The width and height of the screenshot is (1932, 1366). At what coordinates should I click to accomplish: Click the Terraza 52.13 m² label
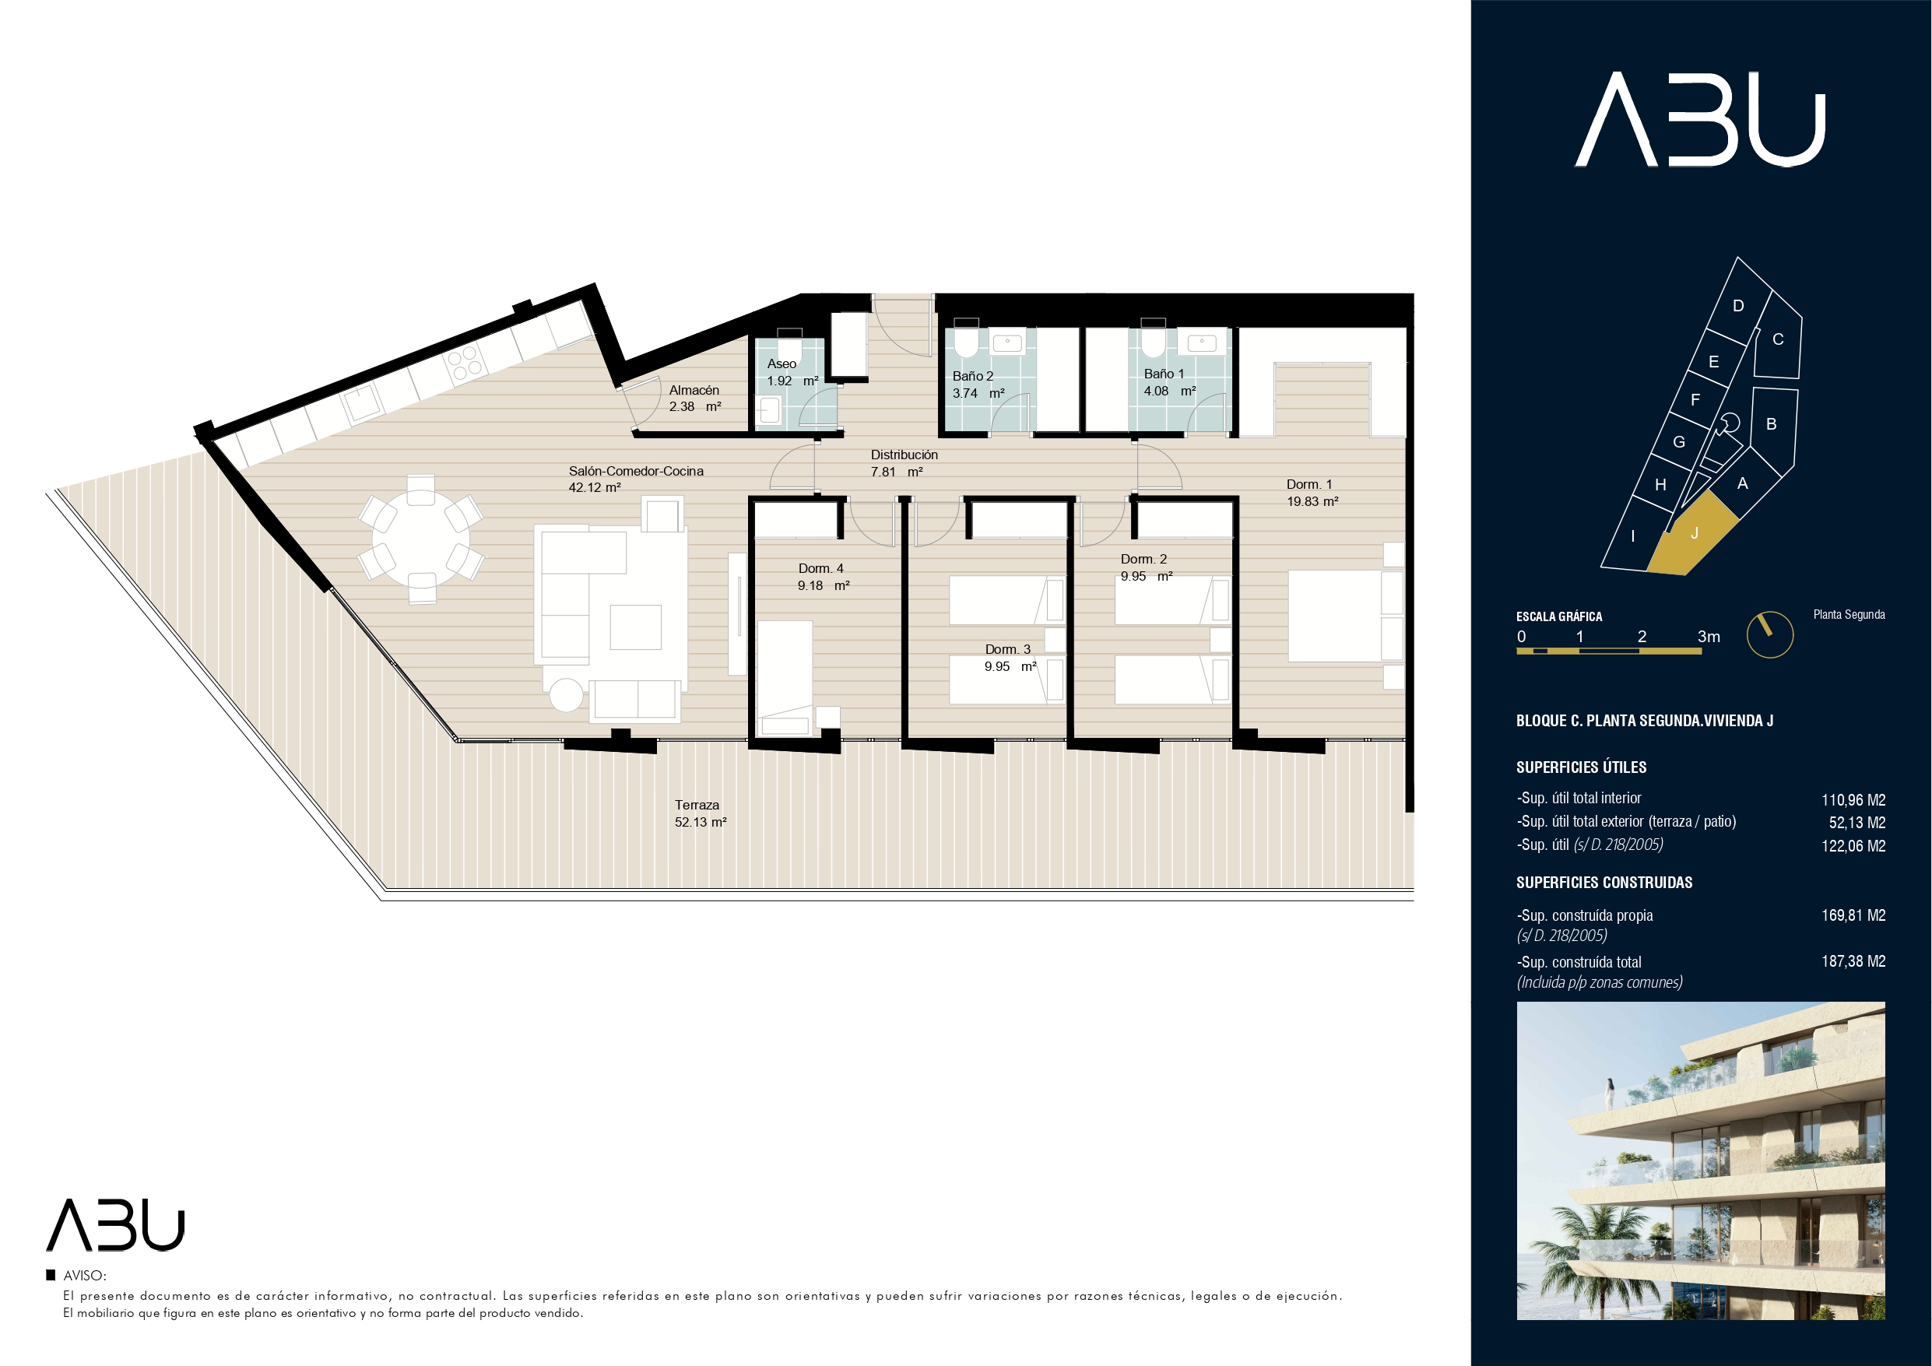700,813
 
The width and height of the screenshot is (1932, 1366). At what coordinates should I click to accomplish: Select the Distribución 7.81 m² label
904,463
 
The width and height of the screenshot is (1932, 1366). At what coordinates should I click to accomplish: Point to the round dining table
421,538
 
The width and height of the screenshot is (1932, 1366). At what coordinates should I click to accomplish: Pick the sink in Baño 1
1201,343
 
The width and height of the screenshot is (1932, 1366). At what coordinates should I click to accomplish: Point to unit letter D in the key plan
1738,306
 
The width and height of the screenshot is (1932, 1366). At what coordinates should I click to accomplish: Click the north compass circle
1769,634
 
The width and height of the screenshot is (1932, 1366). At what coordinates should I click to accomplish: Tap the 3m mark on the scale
1708,636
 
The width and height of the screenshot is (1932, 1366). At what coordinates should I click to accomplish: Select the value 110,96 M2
1853,799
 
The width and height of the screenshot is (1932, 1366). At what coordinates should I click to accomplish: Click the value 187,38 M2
1853,961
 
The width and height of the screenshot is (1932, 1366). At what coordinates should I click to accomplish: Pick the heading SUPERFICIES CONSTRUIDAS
1604,882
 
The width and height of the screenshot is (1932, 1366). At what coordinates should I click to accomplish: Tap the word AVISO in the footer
84,1276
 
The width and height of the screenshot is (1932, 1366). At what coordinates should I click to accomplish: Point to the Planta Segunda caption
1849,614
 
